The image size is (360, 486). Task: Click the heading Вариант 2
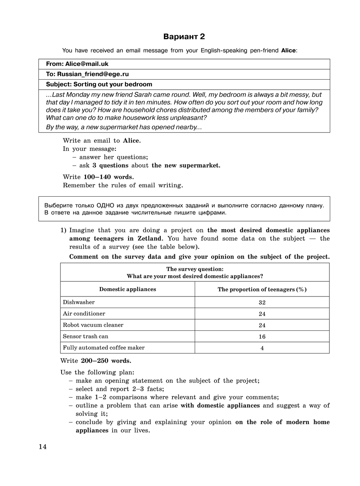184,37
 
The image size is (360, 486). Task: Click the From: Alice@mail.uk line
77,64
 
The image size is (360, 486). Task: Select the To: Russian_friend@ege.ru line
87,74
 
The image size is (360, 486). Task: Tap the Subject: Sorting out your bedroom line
99,84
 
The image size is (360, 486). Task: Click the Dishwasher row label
78,302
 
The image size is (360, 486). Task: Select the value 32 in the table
262,303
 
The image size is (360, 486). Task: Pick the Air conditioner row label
84,314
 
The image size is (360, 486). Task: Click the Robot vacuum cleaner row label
93,325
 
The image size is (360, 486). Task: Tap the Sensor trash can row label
85,336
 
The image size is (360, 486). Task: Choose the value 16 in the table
262,337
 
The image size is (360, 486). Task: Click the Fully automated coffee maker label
104,348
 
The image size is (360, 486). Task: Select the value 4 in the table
262,348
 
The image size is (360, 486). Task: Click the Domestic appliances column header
127,289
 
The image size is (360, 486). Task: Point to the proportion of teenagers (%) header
262,290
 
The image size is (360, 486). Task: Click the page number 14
42,447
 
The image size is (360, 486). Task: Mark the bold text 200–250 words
106,361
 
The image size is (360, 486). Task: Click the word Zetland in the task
150,238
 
